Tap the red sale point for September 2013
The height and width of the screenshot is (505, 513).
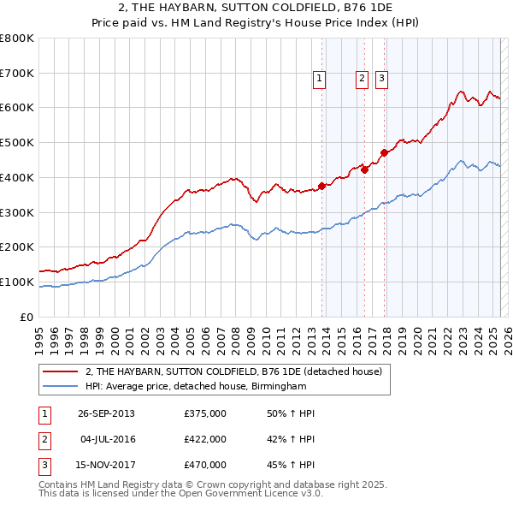321,186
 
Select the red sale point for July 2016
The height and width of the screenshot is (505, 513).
364,169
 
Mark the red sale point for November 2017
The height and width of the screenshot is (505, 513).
385,153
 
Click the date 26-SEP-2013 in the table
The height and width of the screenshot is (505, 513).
106,414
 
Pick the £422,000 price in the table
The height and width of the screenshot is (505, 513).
205,439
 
